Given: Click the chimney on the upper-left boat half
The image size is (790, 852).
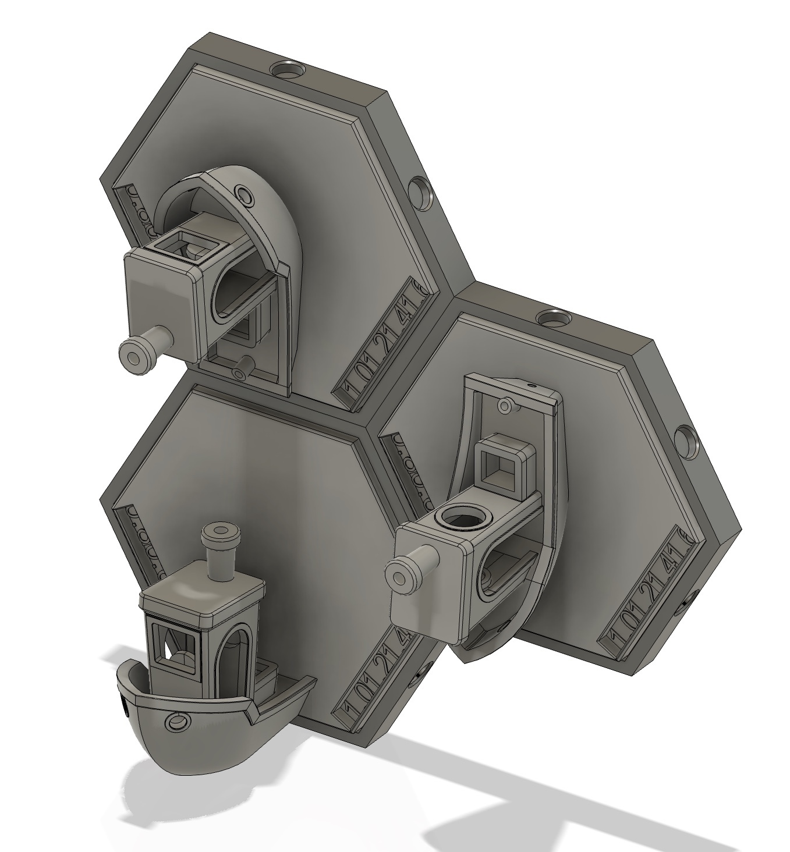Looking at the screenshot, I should (x=140, y=353).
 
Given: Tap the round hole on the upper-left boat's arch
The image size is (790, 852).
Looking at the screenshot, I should (x=243, y=194).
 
